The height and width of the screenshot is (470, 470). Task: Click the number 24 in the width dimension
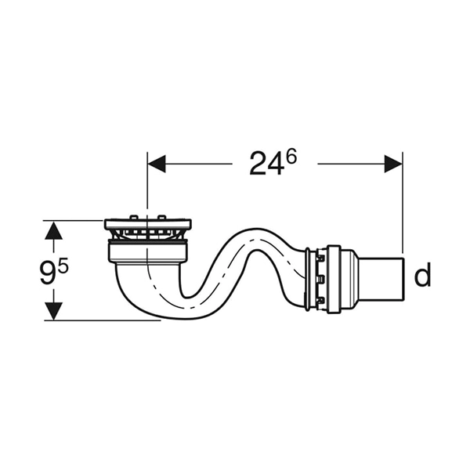pyautogui.click(x=266, y=164)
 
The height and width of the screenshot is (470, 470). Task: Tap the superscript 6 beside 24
pyautogui.click(x=291, y=157)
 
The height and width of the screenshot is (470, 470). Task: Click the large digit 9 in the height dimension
pyautogui.click(x=49, y=273)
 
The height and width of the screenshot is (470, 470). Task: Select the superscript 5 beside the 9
pyautogui.click(x=63, y=266)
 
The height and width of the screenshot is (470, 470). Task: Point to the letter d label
pyautogui.click(x=422, y=275)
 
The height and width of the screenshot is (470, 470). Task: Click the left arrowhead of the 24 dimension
pyautogui.click(x=157, y=164)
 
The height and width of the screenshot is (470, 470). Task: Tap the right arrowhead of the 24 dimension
pyautogui.click(x=393, y=164)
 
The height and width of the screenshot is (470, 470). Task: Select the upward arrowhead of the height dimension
pyautogui.click(x=53, y=230)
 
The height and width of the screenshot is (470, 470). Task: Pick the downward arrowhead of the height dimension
pyautogui.click(x=53, y=311)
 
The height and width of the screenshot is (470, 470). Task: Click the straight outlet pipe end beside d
pyautogui.click(x=381, y=278)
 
